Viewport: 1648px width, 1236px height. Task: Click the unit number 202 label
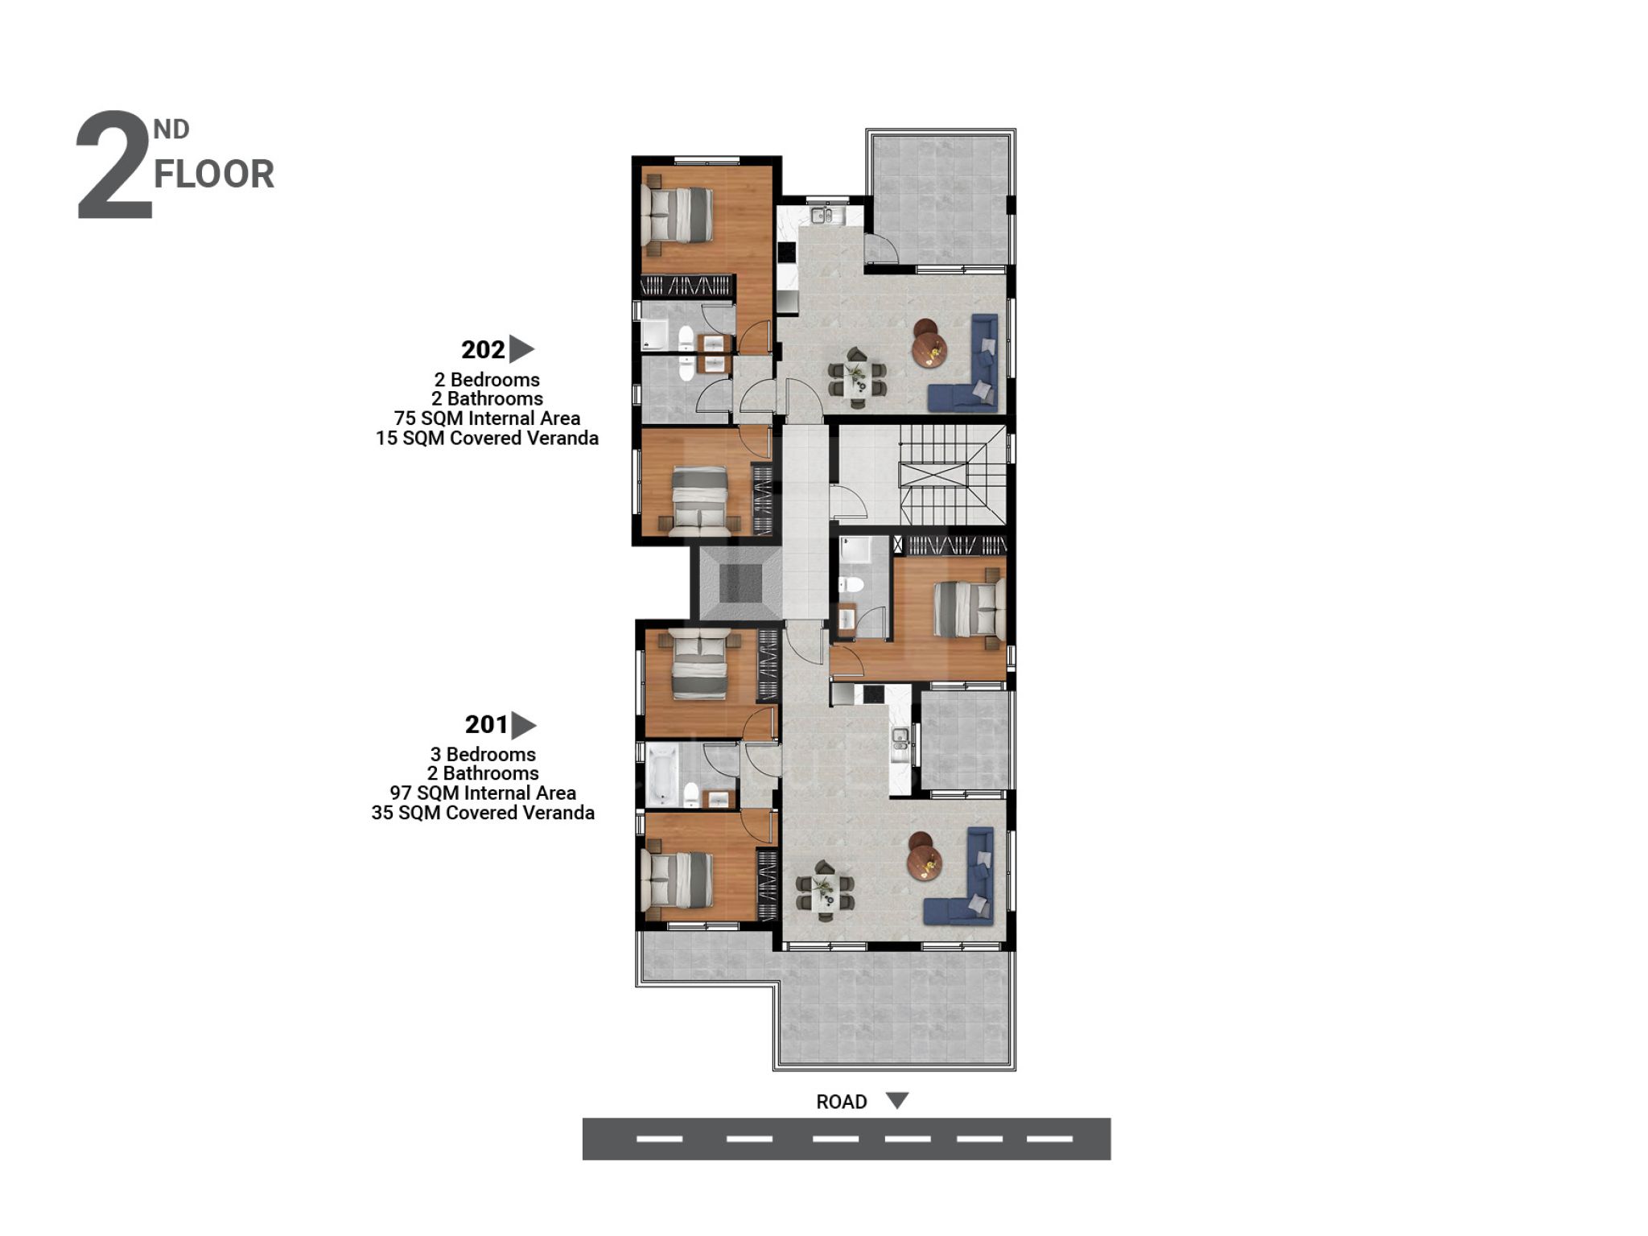click(483, 350)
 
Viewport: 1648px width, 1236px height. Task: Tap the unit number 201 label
click(486, 725)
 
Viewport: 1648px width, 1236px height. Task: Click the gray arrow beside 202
click(521, 349)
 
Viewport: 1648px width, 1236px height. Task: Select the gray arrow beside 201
click(524, 725)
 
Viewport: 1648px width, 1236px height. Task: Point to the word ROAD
click(841, 1102)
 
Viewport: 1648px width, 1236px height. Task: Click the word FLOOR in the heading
click(214, 175)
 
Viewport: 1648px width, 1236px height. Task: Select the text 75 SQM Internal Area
click(487, 418)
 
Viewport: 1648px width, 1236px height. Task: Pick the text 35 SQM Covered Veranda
click(483, 813)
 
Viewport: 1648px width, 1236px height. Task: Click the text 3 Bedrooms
click(483, 754)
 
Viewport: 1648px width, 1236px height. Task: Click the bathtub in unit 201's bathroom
click(661, 774)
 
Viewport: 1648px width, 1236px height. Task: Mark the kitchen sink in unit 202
click(822, 215)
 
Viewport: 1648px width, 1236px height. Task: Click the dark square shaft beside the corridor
click(740, 583)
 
